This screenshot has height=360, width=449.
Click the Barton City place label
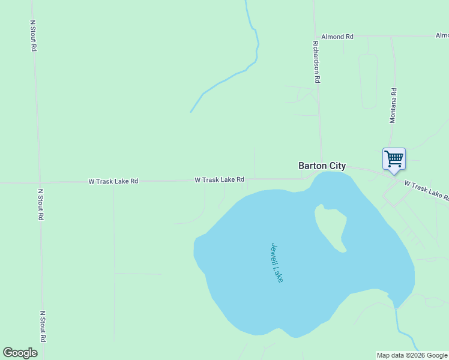click(x=322, y=166)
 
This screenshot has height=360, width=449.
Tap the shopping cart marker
click(x=394, y=160)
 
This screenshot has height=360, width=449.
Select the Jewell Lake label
click(x=277, y=263)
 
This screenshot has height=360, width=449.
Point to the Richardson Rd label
click(x=316, y=61)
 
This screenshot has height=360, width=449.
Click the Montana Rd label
click(x=393, y=106)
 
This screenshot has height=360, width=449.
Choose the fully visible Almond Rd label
click(x=337, y=37)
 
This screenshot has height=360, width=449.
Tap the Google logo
click(x=20, y=352)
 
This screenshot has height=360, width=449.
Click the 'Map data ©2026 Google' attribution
click(x=412, y=355)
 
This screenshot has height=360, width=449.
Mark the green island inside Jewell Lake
click(x=332, y=228)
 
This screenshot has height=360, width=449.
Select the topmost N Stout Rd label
click(x=34, y=35)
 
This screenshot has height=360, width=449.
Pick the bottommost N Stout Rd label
click(x=43, y=326)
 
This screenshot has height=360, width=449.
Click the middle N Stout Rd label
click(x=41, y=205)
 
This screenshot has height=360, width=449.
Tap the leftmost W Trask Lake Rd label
click(x=113, y=181)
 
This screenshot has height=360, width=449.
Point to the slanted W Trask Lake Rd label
click(x=426, y=190)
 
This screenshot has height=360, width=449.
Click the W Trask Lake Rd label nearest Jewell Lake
click(x=219, y=179)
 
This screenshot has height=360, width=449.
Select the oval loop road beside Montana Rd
click(x=368, y=81)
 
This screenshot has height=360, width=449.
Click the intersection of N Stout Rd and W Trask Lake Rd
click(x=40, y=182)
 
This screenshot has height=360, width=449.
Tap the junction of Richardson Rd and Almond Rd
click(x=315, y=37)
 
